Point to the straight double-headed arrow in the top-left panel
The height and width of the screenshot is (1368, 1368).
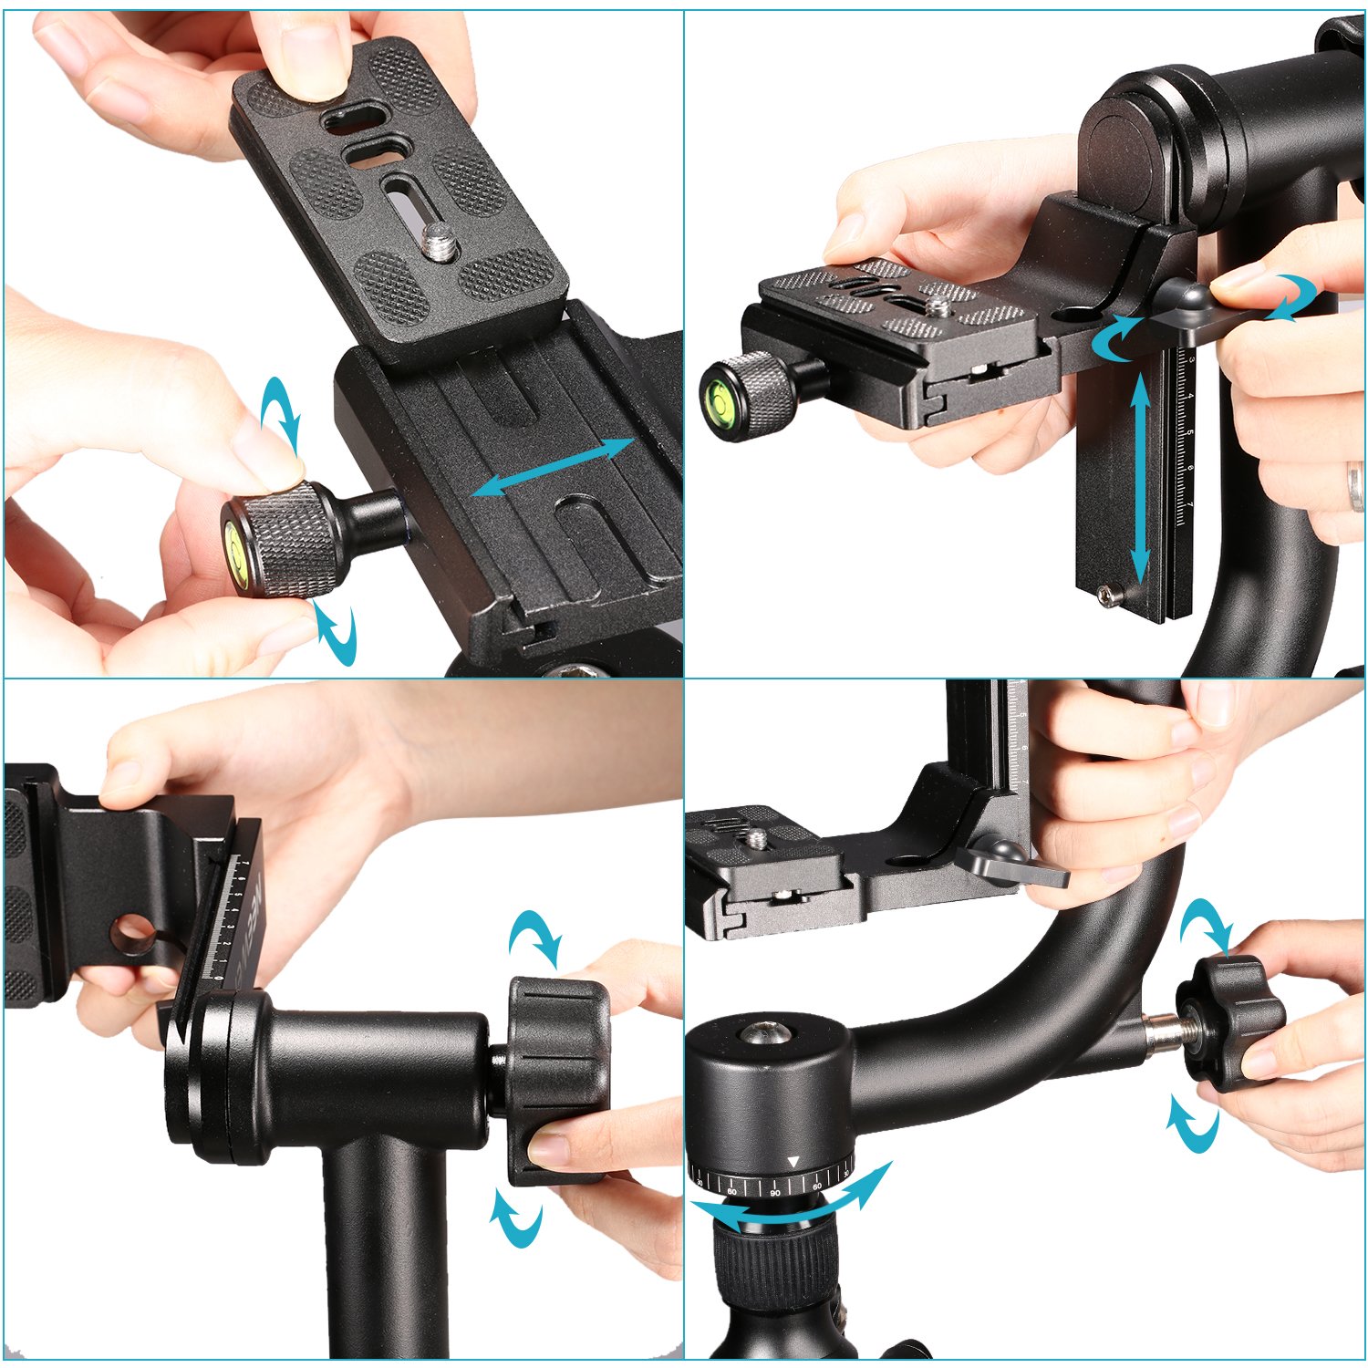tap(554, 467)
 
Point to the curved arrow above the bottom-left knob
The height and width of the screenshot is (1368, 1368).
tap(536, 938)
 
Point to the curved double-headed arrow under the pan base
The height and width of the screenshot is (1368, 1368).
tap(792, 1200)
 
